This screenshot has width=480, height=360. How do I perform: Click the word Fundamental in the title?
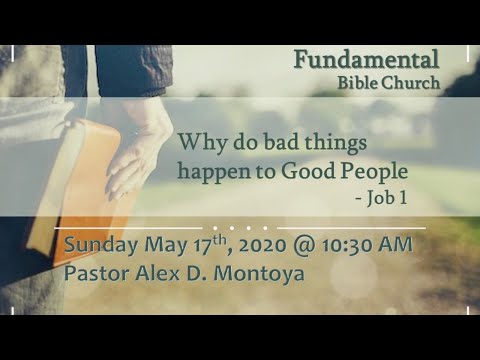pyautogui.click(x=366, y=60)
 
